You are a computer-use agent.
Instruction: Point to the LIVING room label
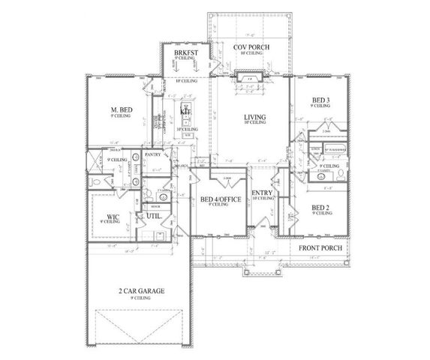pos(256,117)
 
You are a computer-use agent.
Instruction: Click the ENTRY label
pos(262,193)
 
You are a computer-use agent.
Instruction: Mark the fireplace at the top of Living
pos(248,76)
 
